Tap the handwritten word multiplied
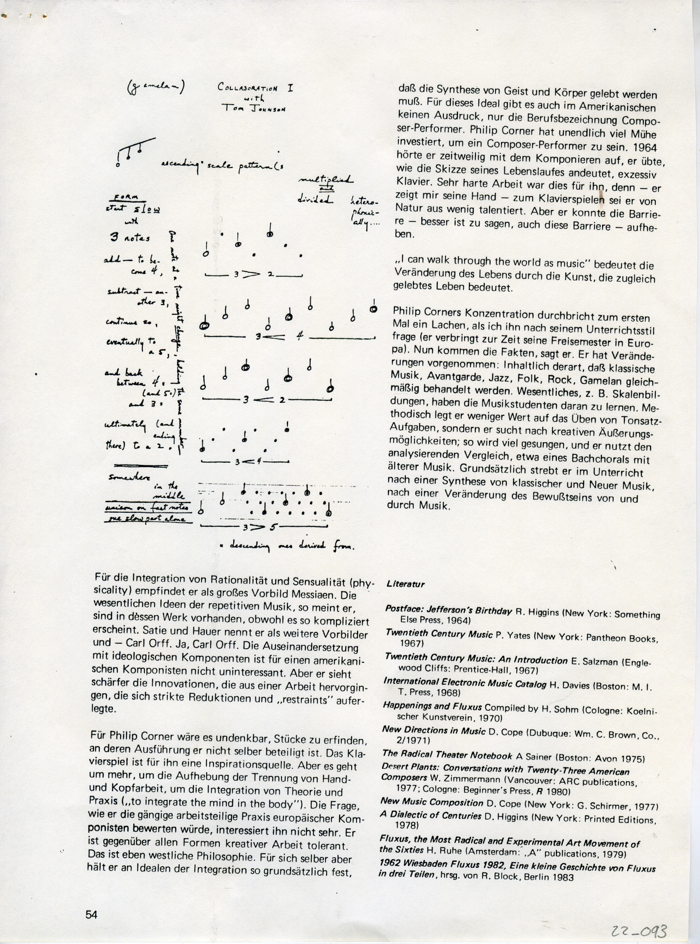[326, 181]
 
